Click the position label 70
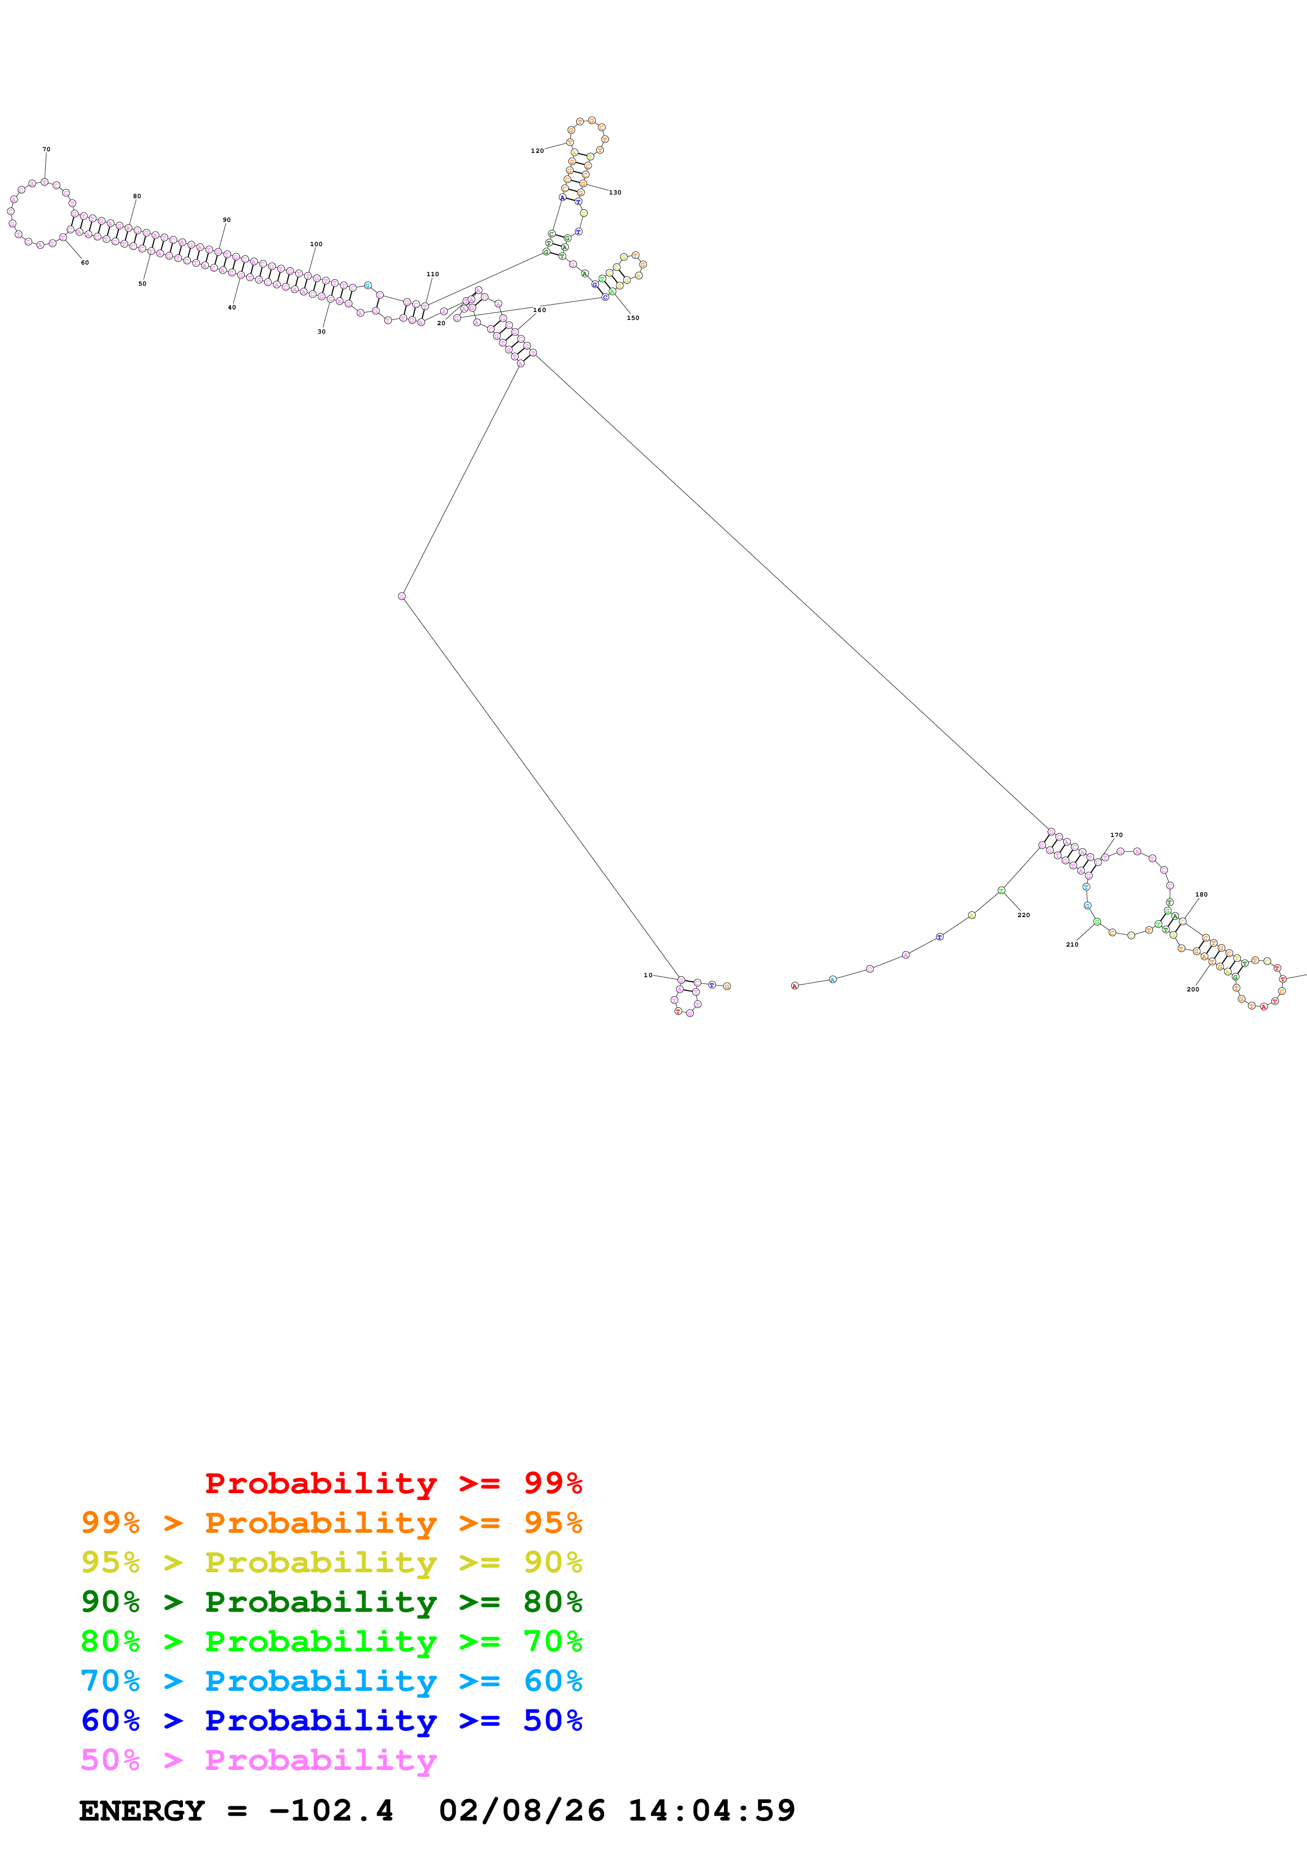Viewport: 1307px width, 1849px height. [x=46, y=149]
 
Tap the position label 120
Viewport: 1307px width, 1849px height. [x=537, y=151]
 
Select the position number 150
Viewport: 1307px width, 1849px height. [x=633, y=318]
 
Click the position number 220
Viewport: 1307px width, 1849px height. [x=1023, y=915]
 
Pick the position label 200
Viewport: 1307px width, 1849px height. [x=1193, y=989]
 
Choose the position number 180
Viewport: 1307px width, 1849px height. [x=1200, y=894]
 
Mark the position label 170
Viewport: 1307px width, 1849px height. [x=1116, y=835]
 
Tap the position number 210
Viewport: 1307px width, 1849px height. [x=1072, y=945]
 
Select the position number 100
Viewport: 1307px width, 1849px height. [x=316, y=244]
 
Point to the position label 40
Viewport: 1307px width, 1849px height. [x=232, y=308]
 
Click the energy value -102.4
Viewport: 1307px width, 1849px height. [x=331, y=1811]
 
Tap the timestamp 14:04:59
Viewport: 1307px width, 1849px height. [x=711, y=1811]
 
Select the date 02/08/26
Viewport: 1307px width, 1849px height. [x=522, y=1811]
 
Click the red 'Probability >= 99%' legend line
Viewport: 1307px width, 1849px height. [x=393, y=1483]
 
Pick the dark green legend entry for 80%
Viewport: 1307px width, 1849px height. [x=331, y=1602]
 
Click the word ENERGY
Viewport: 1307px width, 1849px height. [x=142, y=1811]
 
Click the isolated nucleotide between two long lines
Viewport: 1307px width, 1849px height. [x=402, y=597]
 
